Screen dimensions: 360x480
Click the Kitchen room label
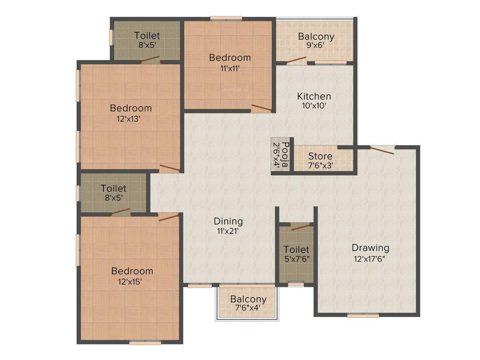point(314,96)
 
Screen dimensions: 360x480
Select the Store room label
point(320,156)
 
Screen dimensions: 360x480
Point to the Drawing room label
point(370,247)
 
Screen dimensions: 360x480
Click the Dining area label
point(228,221)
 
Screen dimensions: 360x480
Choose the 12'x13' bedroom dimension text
point(128,119)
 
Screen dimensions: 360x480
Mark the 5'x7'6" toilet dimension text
point(296,258)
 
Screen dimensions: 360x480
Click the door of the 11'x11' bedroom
point(261,108)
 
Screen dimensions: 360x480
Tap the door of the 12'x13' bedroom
point(169,168)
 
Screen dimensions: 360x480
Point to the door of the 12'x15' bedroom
point(169,217)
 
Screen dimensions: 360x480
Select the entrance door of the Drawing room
point(382,149)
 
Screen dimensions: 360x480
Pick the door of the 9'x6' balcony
point(297,60)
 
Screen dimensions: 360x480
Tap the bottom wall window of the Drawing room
point(363,316)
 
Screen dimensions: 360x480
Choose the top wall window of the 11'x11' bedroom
point(226,18)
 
